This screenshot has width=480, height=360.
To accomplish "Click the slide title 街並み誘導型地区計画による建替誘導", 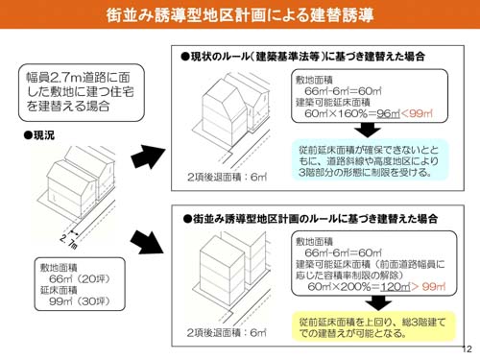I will [240, 16].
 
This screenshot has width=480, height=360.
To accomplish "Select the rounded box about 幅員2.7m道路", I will [69, 90].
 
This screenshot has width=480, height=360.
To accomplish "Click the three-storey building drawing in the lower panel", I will [230, 275].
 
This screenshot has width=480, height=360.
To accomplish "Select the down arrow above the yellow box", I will [369, 300].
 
